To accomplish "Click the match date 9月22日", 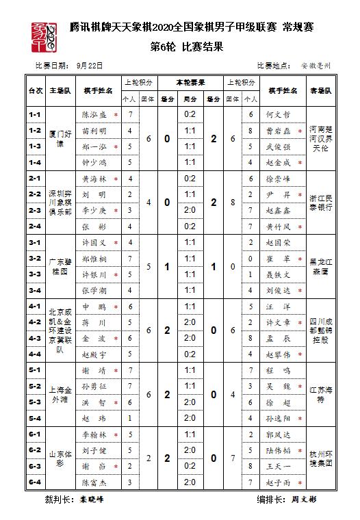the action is (x=90, y=66).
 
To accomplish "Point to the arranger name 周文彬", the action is (x=304, y=500).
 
